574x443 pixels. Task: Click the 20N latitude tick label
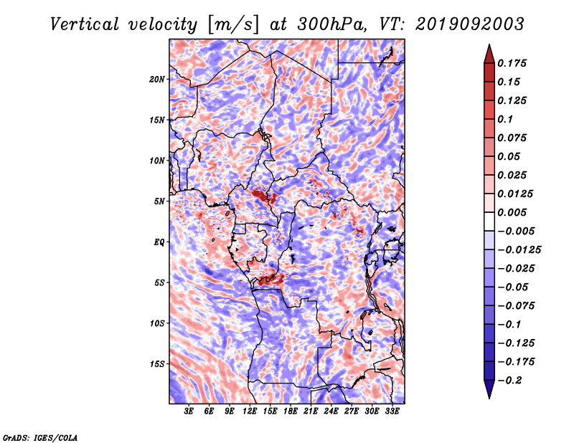pos(157,79)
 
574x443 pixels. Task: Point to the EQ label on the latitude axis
pos(159,242)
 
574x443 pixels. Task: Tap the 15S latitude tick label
pos(157,364)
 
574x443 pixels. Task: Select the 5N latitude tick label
pos(159,201)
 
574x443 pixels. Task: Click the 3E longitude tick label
pos(189,411)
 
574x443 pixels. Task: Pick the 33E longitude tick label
pos(392,411)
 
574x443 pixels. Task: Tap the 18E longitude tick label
pos(291,411)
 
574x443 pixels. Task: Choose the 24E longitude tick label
pos(331,411)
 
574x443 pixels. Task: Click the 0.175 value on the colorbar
pos(514,63)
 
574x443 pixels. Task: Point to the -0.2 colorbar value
pos(512,380)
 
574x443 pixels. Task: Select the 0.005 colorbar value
pos(514,212)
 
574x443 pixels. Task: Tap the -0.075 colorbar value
pos(517,305)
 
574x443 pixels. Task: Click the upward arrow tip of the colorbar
pos(488,46)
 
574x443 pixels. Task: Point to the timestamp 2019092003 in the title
pos(470,24)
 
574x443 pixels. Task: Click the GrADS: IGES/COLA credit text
pos(39,437)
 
